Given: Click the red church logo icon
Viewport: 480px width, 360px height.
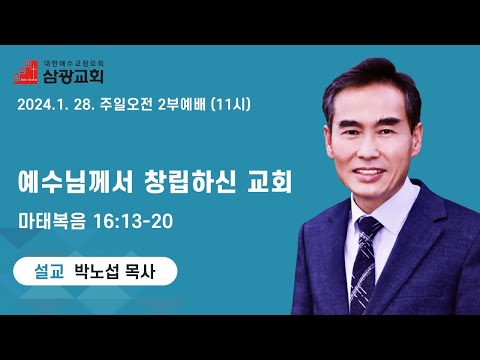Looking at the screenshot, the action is (26, 72).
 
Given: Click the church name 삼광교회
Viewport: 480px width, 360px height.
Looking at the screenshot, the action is (73, 76).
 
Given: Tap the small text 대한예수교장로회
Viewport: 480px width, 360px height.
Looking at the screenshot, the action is (74, 63).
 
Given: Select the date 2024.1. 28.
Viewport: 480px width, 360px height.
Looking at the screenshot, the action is (56, 105).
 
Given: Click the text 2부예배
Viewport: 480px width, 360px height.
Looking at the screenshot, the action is (182, 105).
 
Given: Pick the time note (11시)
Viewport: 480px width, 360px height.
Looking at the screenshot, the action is (231, 105).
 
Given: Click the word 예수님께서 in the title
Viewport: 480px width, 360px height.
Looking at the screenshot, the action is (76, 182).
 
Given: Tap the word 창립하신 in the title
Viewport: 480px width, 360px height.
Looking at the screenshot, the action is (190, 182).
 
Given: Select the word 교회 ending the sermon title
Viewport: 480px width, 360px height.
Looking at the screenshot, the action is (270, 182).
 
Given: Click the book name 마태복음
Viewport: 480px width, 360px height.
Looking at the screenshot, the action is (52, 221).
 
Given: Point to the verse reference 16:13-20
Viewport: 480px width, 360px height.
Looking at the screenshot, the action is (133, 221).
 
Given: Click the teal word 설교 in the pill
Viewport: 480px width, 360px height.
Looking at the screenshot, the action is (49, 271).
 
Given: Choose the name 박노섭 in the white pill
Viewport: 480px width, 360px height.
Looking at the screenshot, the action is (96, 271).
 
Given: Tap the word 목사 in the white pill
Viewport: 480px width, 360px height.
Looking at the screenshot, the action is (140, 271).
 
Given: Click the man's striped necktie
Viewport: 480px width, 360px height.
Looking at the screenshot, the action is (364, 263).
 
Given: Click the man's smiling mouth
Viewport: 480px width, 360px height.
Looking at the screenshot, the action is (369, 173).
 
